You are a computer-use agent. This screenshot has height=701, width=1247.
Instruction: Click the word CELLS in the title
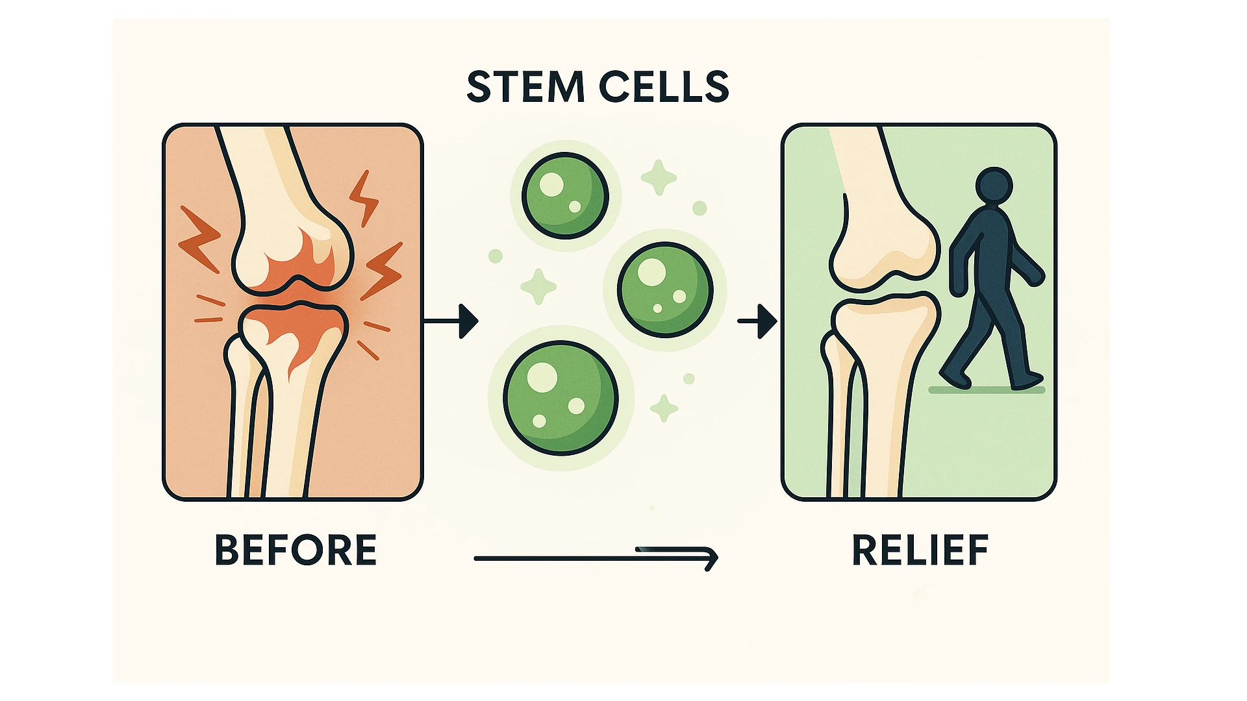(663, 87)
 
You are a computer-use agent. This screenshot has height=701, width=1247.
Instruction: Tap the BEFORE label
(296, 550)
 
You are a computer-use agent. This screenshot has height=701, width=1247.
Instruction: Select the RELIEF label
(920, 550)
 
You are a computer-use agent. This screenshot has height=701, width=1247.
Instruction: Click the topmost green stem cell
(565, 195)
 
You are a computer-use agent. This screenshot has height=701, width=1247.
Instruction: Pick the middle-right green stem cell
(664, 289)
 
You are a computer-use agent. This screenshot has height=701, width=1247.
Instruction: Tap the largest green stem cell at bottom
(561, 398)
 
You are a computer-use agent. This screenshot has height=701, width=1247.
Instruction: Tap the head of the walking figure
(994, 186)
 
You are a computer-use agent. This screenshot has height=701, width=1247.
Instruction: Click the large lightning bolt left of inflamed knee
(199, 238)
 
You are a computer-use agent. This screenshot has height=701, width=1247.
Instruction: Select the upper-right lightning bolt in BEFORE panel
(364, 198)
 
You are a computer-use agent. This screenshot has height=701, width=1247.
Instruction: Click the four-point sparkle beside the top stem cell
(659, 177)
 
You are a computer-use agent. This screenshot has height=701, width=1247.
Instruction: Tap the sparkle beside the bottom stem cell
(664, 408)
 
